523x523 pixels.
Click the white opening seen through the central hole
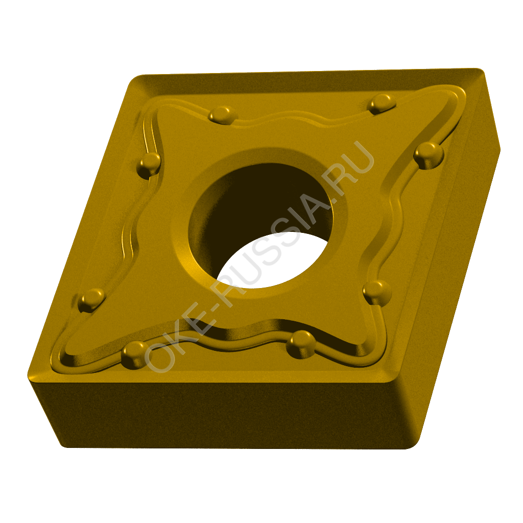point(277,260)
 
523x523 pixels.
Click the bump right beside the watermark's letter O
point(135,355)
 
